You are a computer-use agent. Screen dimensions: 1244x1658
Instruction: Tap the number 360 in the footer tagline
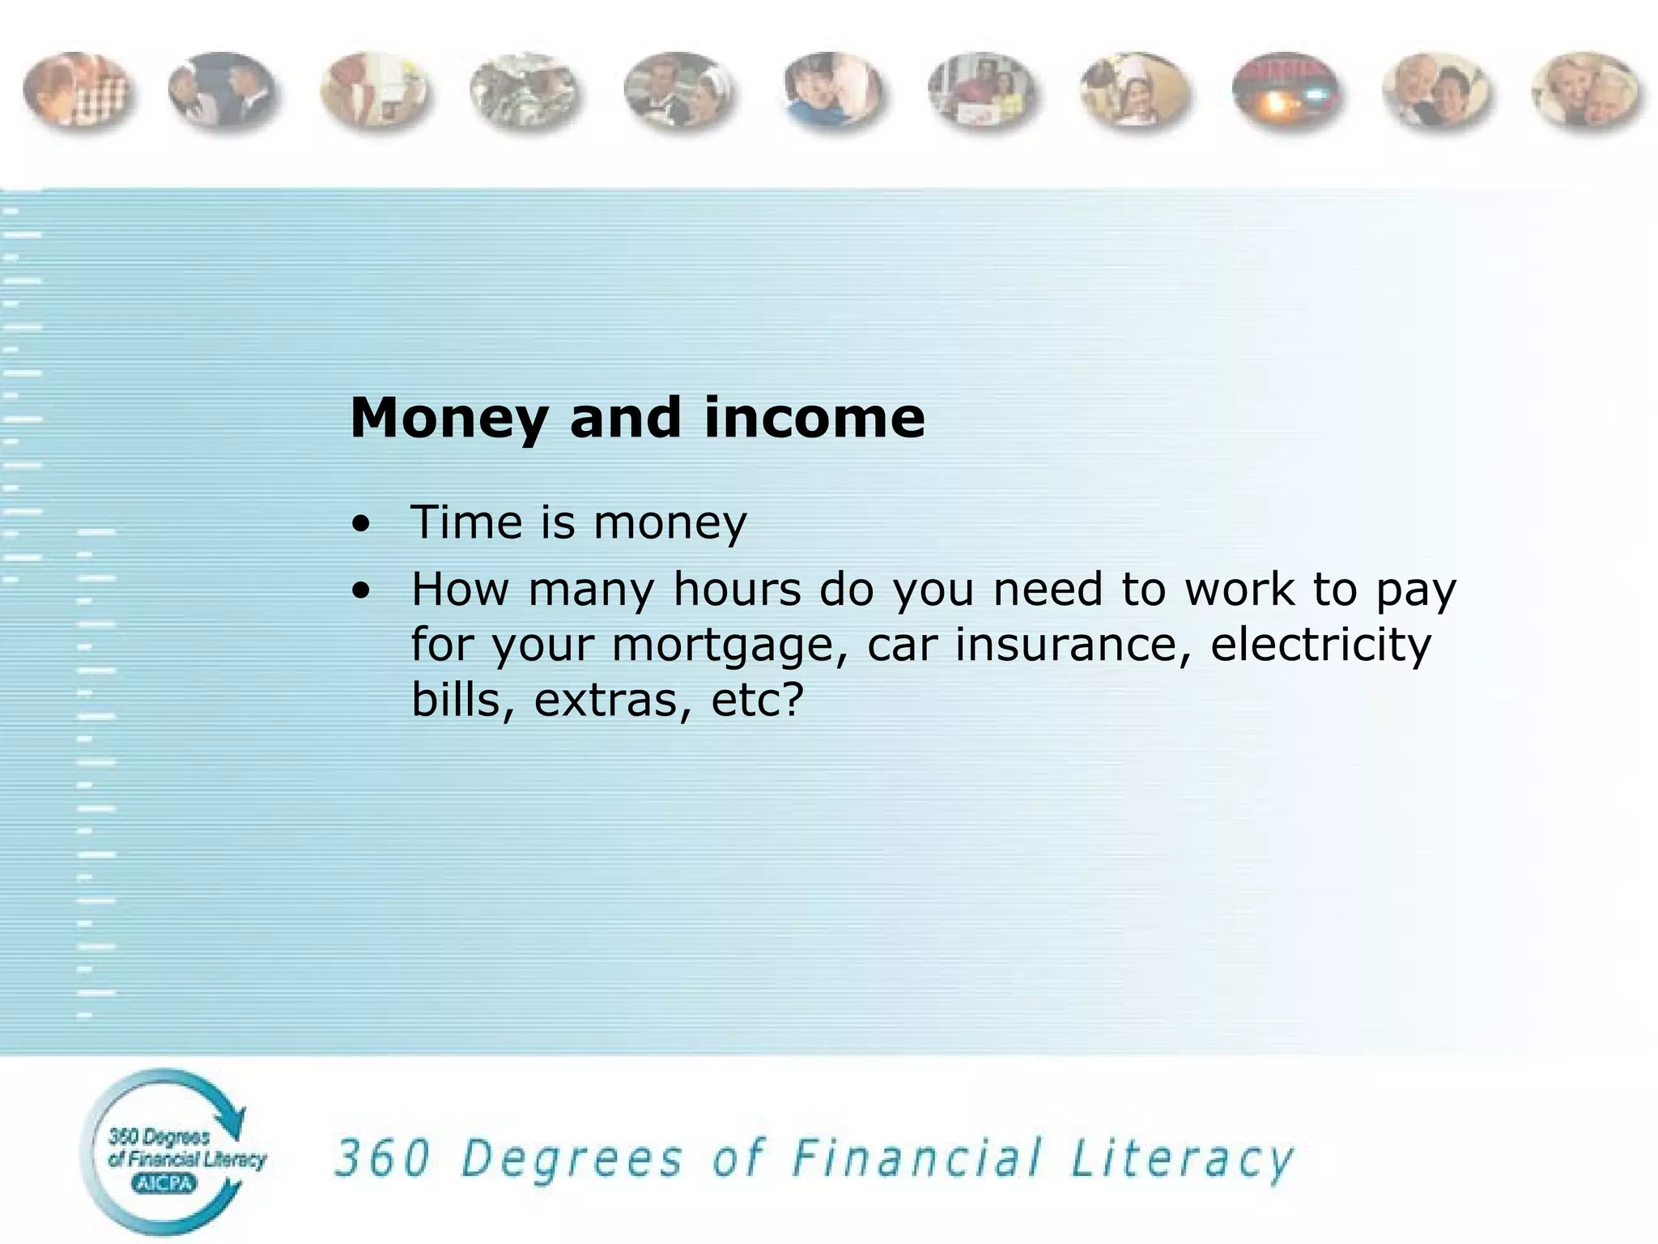click(382, 1158)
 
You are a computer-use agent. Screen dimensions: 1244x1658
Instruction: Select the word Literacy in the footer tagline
click(1182, 1160)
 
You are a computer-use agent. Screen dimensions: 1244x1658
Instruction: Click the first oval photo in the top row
click(77, 91)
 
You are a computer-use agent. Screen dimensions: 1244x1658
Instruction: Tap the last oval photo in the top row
click(1586, 92)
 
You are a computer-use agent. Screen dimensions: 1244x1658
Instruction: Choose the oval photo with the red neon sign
click(1286, 92)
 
